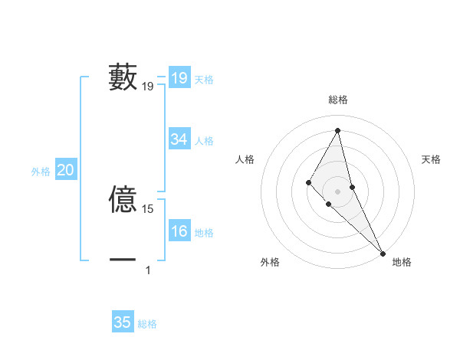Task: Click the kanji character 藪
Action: tap(123, 77)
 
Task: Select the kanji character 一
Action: tap(123, 260)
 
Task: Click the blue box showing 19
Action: tap(179, 78)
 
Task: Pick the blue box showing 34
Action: tap(179, 139)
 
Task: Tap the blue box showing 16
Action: tap(179, 231)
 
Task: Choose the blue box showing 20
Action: tap(65, 170)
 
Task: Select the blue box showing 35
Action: tap(123, 322)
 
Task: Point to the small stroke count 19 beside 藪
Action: tap(148, 87)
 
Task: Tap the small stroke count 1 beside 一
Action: tap(148, 270)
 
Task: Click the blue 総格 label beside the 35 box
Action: tap(147, 324)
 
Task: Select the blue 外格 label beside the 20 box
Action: tap(41, 172)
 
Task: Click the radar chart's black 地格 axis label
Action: tap(402, 262)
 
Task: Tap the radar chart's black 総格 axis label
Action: tap(338, 100)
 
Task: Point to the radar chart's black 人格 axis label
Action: tap(245, 159)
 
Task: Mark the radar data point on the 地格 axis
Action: tap(383, 253)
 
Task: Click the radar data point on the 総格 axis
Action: tap(338, 129)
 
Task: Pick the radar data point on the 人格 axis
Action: tap(309, 182)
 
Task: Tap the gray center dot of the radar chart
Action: tap(338, 191)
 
